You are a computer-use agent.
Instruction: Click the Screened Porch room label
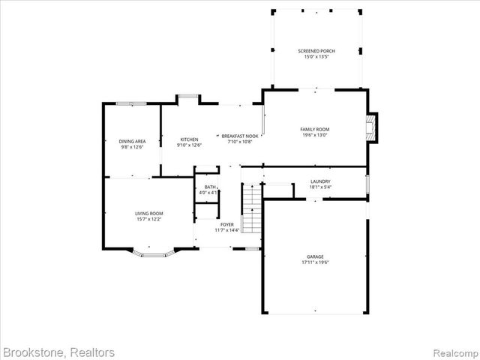point(316,51)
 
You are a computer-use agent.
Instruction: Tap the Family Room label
point(316,129)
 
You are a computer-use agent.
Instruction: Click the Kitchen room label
point(188,139)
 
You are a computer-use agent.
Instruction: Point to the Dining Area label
point(131,141)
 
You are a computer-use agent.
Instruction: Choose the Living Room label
point(148,214)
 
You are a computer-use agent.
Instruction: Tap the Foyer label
point(226,224)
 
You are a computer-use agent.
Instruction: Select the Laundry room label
point(320,181)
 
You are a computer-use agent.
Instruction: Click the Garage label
point(315,256)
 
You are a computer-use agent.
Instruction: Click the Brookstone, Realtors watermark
point(58,352)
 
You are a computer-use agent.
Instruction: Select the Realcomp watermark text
point(454,352)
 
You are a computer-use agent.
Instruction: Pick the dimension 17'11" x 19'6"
point(315,262)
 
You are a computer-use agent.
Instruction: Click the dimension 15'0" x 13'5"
point(316,56)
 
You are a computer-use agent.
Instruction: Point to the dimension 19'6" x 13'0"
point(316,135)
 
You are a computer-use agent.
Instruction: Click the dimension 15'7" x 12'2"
point(148,220)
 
